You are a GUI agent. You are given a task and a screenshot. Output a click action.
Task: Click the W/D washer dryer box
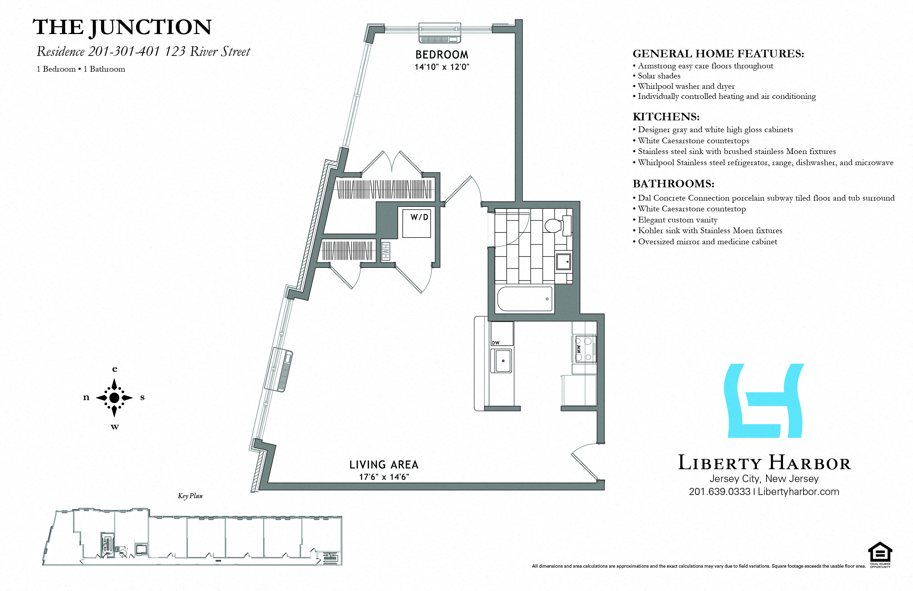pos(417,224)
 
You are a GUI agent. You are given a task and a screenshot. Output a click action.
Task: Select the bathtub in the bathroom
pos(525,299)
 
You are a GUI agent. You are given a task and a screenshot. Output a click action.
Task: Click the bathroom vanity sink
pos(564,262)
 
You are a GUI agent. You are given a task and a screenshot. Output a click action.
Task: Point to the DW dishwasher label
pos(496,343)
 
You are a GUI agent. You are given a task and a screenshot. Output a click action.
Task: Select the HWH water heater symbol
pos(386,251)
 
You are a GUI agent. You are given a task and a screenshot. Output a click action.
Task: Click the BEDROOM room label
pos(442,54)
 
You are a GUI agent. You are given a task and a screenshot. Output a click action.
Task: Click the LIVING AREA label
pos(383,465)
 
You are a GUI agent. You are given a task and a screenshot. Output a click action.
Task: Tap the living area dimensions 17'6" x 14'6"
pos(383,477)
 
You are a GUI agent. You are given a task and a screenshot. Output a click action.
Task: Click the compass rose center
pos(114,398)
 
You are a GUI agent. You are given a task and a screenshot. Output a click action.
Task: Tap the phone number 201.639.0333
pos(719,491)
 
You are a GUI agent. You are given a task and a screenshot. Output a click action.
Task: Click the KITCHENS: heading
pos(666,117)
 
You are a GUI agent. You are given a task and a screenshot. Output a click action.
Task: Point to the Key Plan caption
pos(190,496)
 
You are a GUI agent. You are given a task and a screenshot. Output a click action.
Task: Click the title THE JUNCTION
pos(122,27)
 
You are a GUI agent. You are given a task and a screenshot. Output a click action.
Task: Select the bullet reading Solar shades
pos(659,76)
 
